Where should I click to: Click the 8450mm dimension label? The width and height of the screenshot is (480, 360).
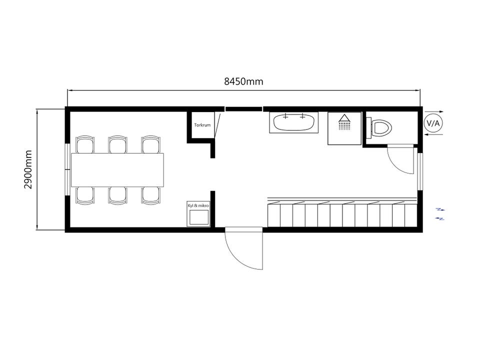point(243,81)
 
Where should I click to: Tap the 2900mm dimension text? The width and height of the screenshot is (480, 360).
point(28,169)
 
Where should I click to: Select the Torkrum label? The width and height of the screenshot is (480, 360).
point(202,125)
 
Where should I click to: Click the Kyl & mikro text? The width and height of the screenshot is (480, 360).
point(198,205)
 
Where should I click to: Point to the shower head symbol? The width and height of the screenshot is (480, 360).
point(344,122)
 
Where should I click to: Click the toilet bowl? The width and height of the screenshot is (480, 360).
point(382,127)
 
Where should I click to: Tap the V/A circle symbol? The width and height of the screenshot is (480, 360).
point(433,123)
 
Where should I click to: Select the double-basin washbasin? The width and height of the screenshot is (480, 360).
point(294,122)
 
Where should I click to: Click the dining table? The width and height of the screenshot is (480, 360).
point(117,170)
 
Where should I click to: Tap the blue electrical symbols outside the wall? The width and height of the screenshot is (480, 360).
point(440,214)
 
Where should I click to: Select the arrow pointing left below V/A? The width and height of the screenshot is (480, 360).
point(434,134)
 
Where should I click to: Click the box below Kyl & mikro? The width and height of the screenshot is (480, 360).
point(198,217)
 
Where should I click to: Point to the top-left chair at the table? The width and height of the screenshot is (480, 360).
point(85,144)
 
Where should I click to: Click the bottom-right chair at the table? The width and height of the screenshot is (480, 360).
point(150,195)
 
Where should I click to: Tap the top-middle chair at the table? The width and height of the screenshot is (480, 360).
point(117,144)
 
